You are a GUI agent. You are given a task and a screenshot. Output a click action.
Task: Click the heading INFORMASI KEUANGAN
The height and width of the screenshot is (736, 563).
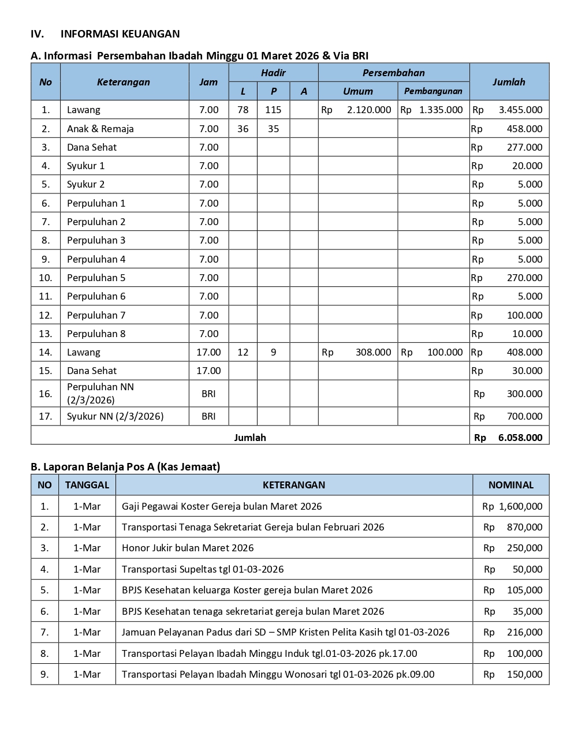[x=120, y=33]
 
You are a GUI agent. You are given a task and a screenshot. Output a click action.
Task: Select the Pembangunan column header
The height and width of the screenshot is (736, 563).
[x=433, y=91]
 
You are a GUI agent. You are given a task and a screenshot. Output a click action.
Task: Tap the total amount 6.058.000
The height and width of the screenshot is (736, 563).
[x=520, y=438]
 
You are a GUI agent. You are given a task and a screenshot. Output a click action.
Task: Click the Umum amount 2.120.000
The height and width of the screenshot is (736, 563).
[x=369, y=110]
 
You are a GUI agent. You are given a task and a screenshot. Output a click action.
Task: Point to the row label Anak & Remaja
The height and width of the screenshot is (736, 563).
[x=100, y=129]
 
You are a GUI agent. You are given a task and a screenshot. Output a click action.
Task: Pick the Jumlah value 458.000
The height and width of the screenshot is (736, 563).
[x=524, y=129]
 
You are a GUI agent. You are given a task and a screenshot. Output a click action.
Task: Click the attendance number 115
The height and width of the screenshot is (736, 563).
[x=273, y=110]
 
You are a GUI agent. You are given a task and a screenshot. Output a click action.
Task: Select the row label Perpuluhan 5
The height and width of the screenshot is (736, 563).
[x=96, y=278]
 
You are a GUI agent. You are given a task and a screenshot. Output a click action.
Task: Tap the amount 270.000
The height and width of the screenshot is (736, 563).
[x=524, y=278]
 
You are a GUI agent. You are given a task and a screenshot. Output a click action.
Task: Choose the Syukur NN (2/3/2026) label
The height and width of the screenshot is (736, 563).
[x=115, y=416]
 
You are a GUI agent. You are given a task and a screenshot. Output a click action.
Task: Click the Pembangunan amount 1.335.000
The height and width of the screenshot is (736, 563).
[x=441, y=110]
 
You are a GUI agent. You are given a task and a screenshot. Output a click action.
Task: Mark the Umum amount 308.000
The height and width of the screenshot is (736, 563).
[x=373, y=352]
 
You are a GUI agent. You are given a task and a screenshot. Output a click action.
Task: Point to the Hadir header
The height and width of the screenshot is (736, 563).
[x=273, y=73]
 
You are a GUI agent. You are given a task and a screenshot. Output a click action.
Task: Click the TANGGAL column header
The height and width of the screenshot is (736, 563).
[x=87, y=485]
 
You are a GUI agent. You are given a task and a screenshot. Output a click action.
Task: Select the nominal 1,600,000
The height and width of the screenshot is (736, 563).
[x=520, y=506]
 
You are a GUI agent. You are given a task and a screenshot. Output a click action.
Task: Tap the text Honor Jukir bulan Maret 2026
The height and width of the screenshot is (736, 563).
[x=188, y=548]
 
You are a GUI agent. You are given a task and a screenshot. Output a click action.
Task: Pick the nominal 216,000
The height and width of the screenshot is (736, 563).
[x=524, y=632]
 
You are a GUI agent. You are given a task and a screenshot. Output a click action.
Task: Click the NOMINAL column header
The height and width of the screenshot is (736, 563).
[x=510, y=485]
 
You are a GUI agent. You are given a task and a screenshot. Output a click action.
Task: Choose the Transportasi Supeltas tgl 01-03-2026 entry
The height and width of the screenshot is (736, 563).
[x=203, y=569]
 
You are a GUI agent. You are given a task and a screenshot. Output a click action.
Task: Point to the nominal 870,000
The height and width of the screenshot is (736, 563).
[x=524, y=527]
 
